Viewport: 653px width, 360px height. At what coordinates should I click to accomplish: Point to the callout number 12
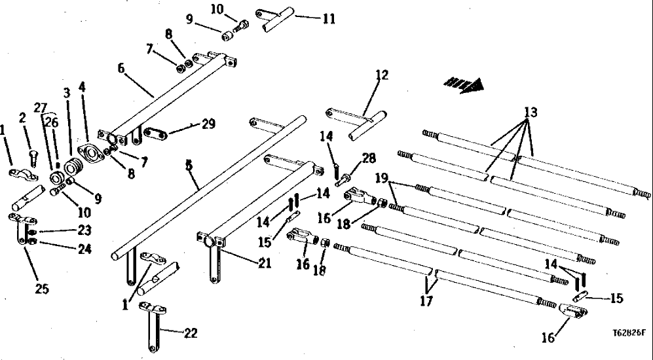[382, 75]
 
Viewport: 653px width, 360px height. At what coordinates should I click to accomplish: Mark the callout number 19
[382, 178]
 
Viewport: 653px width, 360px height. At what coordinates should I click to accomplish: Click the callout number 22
[191, 333]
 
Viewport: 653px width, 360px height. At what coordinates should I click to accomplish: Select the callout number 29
[209, 124]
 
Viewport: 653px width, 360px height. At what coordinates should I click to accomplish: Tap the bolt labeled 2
[34, 154]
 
